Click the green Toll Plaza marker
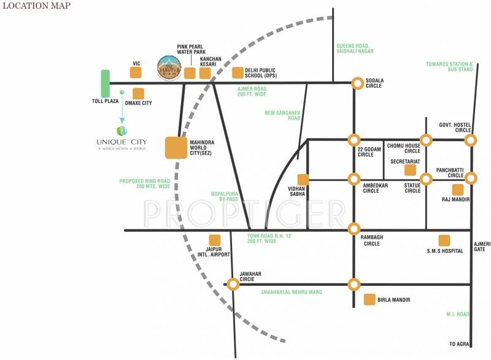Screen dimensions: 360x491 tap(106, 83)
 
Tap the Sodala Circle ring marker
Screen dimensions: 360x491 tap(357, 83)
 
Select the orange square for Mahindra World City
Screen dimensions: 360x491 tap(176, 148)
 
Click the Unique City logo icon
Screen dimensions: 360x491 tap(122, 131)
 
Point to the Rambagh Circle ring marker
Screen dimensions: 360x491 tap(354, 229)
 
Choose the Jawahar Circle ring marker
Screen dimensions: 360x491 tap(233, 283)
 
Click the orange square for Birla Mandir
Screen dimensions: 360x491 tap(369, 299)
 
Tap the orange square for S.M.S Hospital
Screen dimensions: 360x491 tap(444, 240)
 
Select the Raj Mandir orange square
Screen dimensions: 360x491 tap(457, 190)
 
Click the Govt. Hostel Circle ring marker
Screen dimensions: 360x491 tap(470, 140)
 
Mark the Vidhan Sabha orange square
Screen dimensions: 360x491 tap(303, 179)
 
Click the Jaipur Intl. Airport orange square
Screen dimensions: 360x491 tap(215, 240)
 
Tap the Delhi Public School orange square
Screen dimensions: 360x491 tap(238, 73)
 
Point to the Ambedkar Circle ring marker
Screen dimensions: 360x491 tap(354, 179)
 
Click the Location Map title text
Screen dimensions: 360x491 tap(37, 6)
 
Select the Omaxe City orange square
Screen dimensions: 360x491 tap(139, 94)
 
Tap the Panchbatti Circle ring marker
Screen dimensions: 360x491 tap(470, 178)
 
